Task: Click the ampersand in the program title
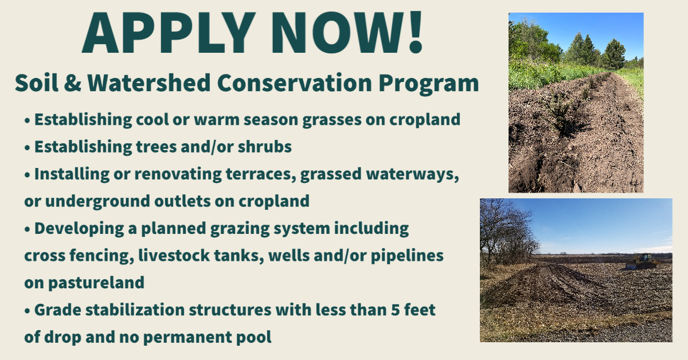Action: click(73, 83)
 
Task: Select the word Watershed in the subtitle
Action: click(148, 83)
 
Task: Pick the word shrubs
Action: click(264, 147)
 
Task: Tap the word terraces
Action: click(261, 174)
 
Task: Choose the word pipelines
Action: click(407, 256)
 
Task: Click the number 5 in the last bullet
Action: click(395, 310)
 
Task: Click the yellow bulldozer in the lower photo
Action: click(642, 262)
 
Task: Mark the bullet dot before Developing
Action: click(28, 229)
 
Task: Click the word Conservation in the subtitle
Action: click(294, 83)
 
